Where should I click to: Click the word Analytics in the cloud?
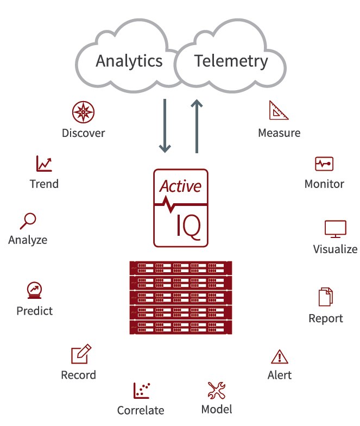129,61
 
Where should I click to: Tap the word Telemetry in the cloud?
231,61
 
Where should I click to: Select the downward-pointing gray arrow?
165,126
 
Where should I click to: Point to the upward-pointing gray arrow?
197,126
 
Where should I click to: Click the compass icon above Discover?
83,111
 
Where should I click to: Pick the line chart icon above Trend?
44,163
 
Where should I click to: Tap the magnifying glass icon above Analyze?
28,220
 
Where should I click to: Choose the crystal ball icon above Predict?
34,290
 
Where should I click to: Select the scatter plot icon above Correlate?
141,390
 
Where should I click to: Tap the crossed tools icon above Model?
216,390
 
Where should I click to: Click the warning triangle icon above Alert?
279,356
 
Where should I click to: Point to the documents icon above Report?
325,297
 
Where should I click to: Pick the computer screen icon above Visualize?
335,229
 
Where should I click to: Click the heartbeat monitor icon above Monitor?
324,164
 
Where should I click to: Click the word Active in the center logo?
180,186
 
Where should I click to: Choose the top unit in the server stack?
180,268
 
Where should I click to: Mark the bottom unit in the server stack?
180,327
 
